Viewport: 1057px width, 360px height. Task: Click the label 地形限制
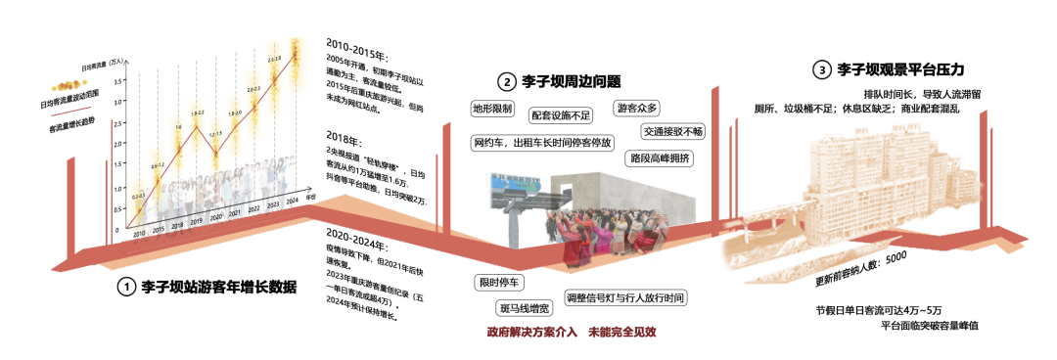[x=492, y=108]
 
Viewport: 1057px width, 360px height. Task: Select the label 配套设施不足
[x=561, y=115]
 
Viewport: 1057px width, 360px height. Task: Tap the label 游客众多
[x=637, y=108]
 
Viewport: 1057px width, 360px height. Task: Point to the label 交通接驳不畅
[x=672, y=131]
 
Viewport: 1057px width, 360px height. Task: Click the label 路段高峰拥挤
[x=660, y=157]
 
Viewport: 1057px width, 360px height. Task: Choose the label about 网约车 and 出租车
[x=541, y=143]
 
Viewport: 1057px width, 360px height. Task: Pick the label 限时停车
[x=499, y=283]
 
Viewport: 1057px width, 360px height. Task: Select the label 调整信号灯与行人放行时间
[x=624, y=297]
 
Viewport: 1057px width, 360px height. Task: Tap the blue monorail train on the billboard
[x=516, y=183]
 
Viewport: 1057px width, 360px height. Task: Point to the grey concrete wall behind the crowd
[x=626, y=196]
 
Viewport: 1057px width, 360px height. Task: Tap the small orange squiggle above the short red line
[x=69, y=86]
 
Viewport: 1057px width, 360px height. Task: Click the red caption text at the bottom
[x=572, y=333]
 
